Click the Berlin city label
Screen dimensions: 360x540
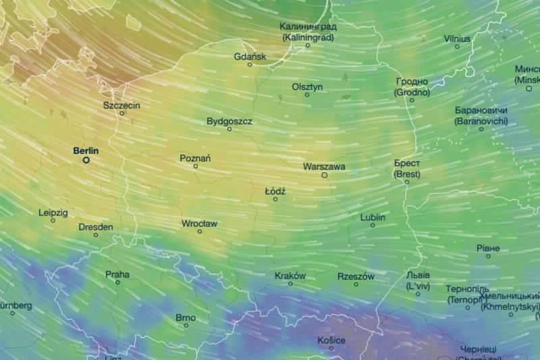click(86, 151)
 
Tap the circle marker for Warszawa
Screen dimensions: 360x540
click(325, 175)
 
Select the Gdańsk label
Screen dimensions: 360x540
click(250, 57)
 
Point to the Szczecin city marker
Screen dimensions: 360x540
click(122, 113)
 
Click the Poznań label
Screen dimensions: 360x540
click(195, 158)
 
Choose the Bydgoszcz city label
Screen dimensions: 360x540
click(230, 122)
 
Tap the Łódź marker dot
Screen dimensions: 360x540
click(275, 199)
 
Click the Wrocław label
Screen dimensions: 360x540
click(199, 223)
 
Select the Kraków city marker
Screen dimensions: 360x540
click(291, 284)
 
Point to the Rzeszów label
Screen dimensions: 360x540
click(356, 276)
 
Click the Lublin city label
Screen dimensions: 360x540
click(373, 217)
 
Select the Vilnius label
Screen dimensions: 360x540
click(457, 38)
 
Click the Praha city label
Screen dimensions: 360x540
click(117, 274)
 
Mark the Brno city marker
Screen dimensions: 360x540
click(186, 326)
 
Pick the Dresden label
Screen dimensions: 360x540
click(96, 227)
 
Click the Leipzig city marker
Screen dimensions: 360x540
click(53, 220)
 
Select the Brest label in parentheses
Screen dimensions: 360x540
click(407, 174)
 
